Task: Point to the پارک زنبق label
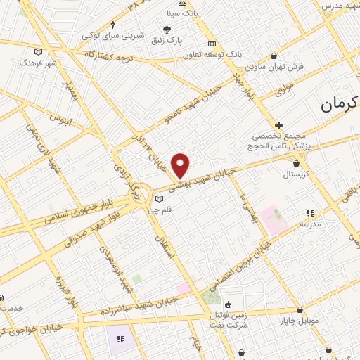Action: click(167, 40)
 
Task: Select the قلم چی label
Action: click(157, 209)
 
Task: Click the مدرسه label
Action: click(310, 224)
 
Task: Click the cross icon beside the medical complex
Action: click(279, 124)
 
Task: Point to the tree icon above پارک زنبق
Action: click(167, 30)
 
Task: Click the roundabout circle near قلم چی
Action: click(139, 192)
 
